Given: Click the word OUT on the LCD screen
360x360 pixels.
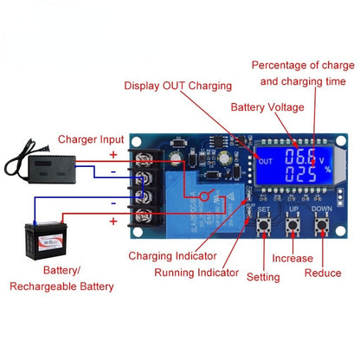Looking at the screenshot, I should point(266,160).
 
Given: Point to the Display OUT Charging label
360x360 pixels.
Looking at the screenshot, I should point(177,86).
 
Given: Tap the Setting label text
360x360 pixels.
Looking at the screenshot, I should point(262,277).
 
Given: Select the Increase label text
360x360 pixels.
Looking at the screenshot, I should point(292,258).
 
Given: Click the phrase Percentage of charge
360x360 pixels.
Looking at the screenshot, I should point(303,65).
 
